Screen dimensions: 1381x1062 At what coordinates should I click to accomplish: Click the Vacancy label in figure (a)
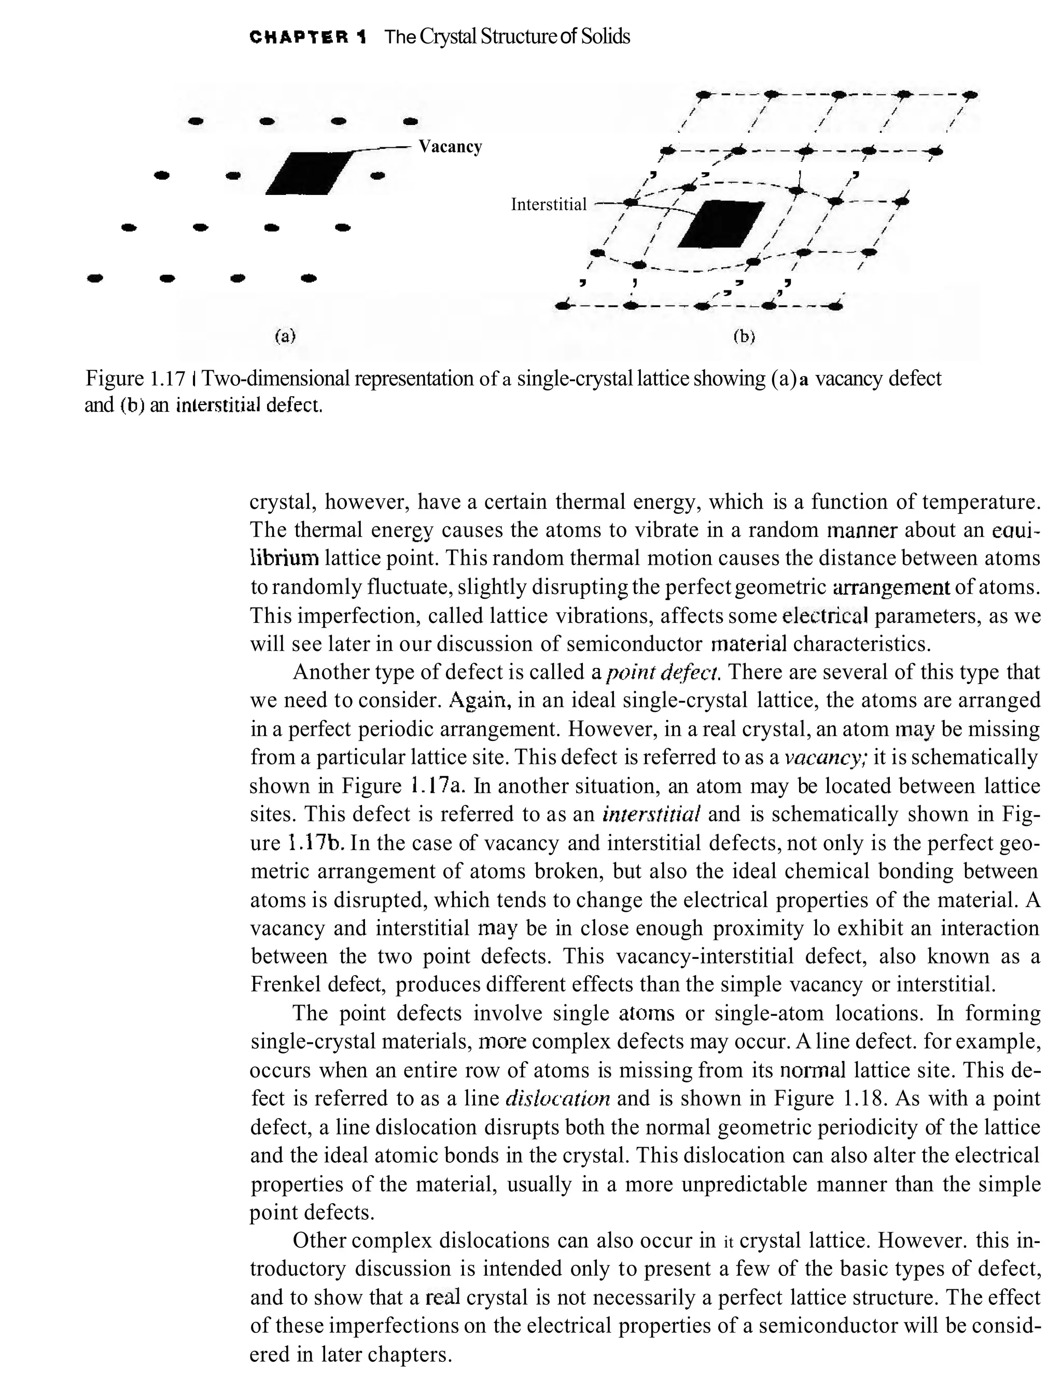pyautogui.click(x=450, y=147)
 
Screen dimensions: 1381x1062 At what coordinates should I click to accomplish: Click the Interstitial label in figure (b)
pyautogui.click(x=548, y=204)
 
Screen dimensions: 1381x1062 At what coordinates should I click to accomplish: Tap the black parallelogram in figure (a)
pyautogui.click(x=308, y=173)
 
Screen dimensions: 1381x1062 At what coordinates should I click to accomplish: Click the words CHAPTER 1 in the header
pyautogui.click(x=308, y=37)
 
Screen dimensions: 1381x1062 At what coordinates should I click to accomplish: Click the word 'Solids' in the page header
pyautogui.click(x=605, y=37)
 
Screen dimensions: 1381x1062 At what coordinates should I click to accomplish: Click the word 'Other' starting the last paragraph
pyautogui.click(x=318, y=1240)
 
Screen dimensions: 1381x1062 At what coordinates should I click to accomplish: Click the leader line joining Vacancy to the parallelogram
pyautogui.click(x=386, y=148)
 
